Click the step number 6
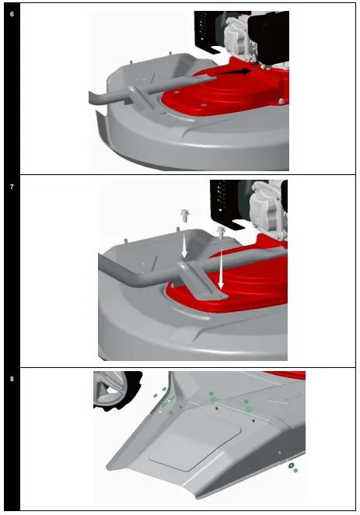point(12,14)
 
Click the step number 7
point(12,187)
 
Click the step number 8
point(12,379)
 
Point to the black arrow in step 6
point(234,72)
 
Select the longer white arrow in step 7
point(221,268)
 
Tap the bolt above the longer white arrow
point(221,233)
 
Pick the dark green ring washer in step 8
point(291,465)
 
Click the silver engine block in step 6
point(239,39)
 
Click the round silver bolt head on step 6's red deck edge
point(281,101)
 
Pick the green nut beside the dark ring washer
point(295,471)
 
